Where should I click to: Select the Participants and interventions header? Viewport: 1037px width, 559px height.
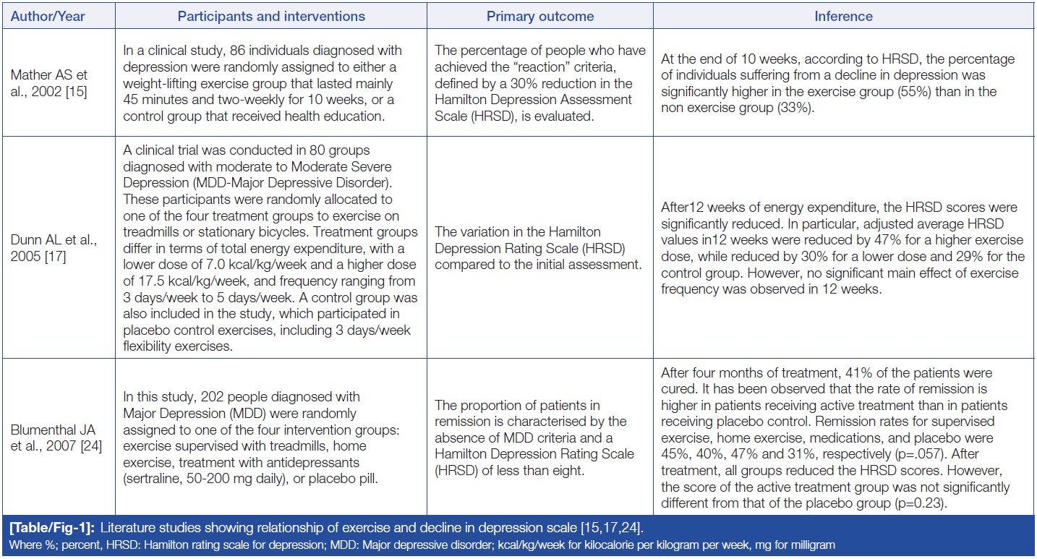pos(271,16)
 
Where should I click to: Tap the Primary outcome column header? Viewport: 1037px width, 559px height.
pos(540,16)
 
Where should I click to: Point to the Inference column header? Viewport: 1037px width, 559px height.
pos(844,16)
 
